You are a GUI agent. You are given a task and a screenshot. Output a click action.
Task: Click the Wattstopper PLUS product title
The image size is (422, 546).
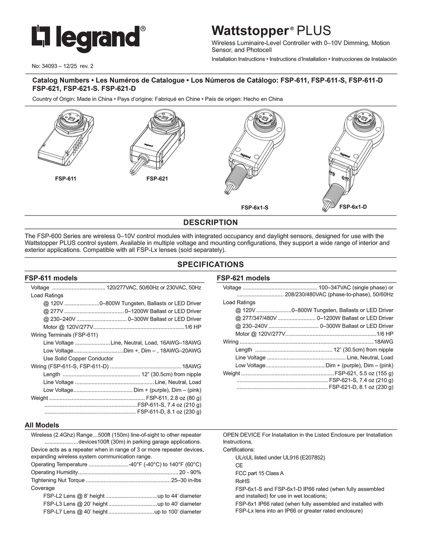(271, 31)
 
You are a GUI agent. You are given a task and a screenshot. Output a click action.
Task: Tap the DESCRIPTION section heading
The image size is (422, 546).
(211, 222)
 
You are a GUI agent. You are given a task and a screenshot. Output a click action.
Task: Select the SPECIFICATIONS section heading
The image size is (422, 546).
(211, 264)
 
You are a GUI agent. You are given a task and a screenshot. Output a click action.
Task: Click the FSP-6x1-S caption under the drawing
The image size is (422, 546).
(255, 207)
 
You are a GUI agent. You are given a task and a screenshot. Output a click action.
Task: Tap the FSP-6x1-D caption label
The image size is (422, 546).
(353, 207)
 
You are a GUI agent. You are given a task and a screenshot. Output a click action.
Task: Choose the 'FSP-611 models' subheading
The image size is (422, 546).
(51, 278)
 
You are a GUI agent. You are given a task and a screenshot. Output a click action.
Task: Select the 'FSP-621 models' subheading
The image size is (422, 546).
(243, 278)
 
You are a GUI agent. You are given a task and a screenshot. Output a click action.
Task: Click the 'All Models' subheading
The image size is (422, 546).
(41, 425)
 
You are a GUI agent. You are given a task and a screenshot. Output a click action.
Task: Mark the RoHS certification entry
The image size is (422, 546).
(243, 481)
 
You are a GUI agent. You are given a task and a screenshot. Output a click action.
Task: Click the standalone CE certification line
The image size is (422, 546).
(239, 465)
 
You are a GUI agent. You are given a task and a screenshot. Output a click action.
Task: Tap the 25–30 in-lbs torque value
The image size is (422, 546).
(186, 480)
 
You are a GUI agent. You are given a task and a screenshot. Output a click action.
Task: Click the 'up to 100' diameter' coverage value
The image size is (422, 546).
(178, 511)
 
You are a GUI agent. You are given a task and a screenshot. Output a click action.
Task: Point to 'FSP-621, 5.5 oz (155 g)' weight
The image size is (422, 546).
(364, 373)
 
